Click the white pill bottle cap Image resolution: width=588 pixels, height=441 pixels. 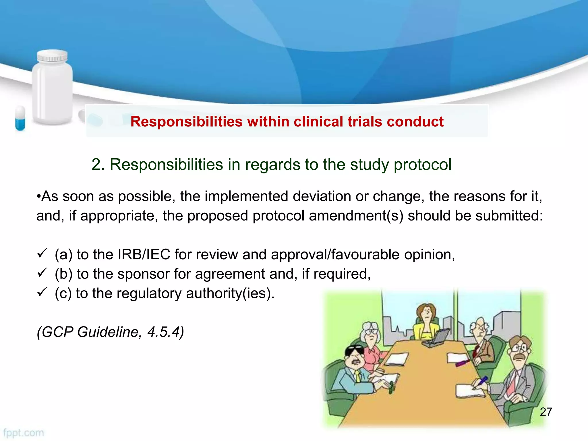coord(52,56)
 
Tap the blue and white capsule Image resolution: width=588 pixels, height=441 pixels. coord(20,118)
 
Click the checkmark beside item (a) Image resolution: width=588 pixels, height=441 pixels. coord(42,253)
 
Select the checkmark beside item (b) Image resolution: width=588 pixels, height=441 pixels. coord(42,272)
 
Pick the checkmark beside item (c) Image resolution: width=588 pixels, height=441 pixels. coord(42,292)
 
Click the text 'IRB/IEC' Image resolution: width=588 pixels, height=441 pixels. coord(144,255)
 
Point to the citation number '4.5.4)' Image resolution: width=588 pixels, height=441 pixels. coord(165,332)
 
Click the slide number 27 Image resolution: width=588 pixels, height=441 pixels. coord(546,412)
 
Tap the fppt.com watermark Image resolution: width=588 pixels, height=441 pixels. coord(24,433)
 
